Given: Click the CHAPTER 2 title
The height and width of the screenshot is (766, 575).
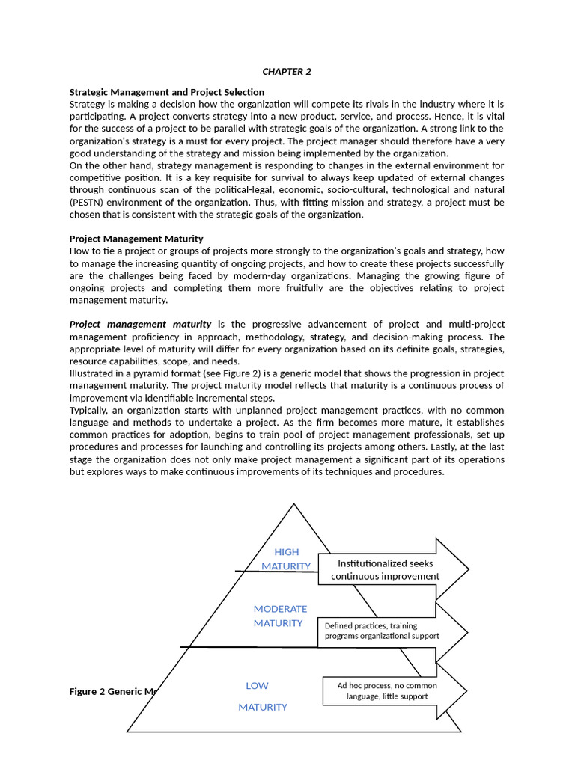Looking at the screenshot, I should (286, 72).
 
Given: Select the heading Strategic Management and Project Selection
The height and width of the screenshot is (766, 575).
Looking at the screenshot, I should (166, 92).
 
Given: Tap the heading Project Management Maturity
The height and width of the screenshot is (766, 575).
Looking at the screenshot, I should (136, 239).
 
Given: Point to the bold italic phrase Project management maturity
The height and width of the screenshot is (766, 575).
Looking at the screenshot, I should (140, 324).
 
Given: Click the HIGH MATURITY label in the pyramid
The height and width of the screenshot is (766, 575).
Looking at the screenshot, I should (286, 559).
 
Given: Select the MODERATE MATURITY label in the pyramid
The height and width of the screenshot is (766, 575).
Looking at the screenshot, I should (279, 616).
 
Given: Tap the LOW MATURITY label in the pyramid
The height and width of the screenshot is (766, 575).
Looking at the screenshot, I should (261, 696).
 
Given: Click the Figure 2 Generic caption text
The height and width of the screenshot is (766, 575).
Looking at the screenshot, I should (112, 691).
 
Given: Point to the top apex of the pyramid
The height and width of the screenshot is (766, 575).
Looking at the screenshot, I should (293, 505).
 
